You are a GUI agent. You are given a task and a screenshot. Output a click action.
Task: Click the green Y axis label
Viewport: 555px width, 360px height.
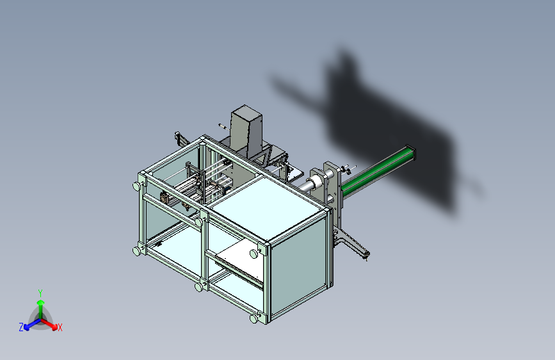click(40, 293)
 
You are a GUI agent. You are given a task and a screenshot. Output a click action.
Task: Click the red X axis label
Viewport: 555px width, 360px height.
click(60, 327)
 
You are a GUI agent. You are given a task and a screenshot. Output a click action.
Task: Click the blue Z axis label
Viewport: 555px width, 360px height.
click(21, 327)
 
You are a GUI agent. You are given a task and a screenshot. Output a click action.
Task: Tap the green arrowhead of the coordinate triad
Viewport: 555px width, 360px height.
click(41, 302)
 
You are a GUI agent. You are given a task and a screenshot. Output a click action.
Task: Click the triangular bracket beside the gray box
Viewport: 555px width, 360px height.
click(265, 156)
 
